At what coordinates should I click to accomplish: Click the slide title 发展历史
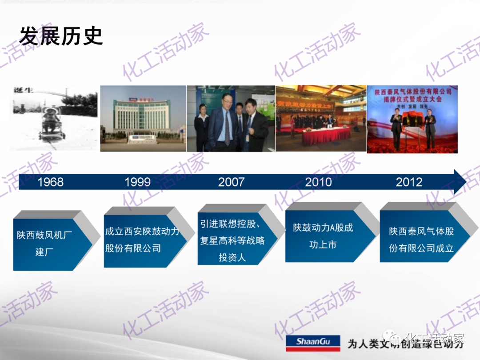point(61,36)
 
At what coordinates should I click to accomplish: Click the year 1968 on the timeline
point(50,182)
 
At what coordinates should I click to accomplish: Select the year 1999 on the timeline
point(137,182)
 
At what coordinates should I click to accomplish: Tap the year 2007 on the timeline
point(231,182)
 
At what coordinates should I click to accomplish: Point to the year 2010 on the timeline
point(318,182)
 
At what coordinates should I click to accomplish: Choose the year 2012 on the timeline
point(409,182)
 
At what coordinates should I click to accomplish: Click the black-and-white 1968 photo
point(54,118)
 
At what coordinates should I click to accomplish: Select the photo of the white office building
point(143,118)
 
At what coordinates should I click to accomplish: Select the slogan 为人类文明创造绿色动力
point(405,343)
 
